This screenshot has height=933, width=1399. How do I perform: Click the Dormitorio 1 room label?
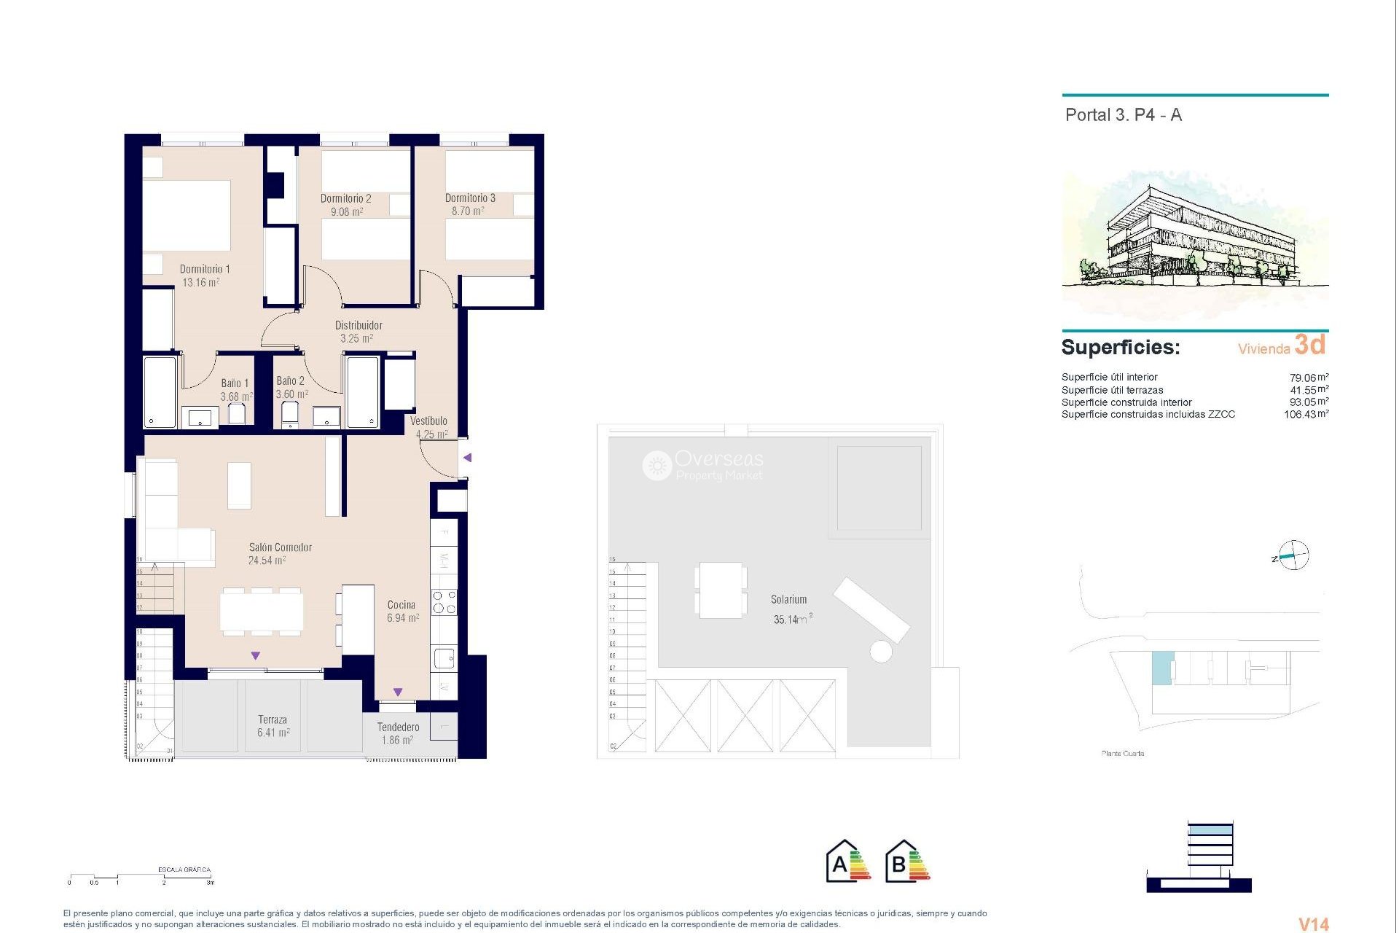click(205, 269)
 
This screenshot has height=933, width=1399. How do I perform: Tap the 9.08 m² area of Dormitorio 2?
click(347, 212)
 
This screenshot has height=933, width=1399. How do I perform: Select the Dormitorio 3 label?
click(470, 198)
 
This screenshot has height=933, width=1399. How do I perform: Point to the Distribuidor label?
click(358, 325)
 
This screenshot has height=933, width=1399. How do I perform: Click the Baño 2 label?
click(290, 380)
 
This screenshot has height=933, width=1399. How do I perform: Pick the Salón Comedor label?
click(280, 547)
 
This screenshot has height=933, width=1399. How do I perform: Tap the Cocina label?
click(401, 605)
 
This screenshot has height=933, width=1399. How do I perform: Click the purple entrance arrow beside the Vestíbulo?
click(468, 458)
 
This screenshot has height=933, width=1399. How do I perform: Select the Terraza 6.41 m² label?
click(273, 726)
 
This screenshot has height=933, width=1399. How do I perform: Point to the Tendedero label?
click(398, 727)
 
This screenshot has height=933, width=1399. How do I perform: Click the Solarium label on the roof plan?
click(788, 599)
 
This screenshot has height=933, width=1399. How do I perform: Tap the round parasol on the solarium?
click(880, 651)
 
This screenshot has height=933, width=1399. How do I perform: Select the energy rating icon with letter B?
click(907, 862)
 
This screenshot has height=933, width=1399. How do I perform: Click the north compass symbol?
click(1293, 556)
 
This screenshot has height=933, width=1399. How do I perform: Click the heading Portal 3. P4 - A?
click(1123, 115)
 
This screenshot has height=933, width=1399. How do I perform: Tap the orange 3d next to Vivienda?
click(1309, 345)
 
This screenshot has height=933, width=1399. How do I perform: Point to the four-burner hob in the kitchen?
click(444, 602)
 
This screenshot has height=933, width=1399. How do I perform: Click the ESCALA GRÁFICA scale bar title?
click(184, 870)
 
